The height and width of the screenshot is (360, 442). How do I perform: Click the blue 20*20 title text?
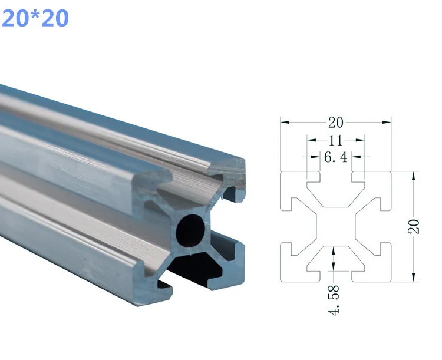click(35, 18)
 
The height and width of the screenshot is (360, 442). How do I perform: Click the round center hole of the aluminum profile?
click(191, 230)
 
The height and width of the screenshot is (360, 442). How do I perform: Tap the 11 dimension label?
click(335, 140)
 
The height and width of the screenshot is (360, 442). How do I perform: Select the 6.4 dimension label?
click(336, 157)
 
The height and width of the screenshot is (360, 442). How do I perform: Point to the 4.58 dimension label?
click(334, 300)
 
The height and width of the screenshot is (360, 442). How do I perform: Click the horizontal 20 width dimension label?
click(335, 123)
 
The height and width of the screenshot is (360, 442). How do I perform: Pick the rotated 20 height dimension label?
click(414, 226)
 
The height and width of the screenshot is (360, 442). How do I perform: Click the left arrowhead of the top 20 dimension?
click(285, 123)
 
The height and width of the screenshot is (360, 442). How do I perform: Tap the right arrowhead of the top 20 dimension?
click(387, 123)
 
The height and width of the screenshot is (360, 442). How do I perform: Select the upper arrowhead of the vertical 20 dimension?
click(414, 176)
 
